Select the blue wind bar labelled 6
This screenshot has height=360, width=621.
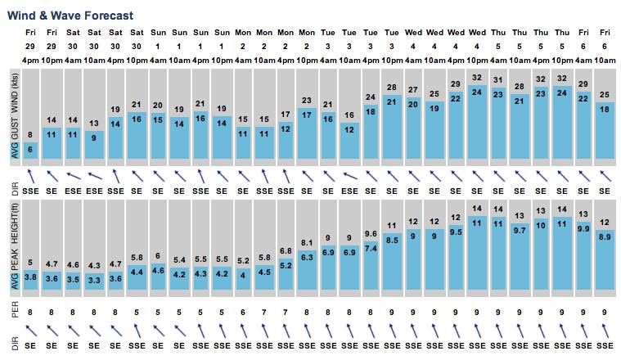click(x=31, y=150)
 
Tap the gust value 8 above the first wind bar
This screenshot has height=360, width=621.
click(x=31, y=134)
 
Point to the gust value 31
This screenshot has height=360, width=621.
click(x=497, y=79)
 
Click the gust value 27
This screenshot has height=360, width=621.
click(x=413, y=89)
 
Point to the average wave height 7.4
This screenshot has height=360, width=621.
click(x=371, y=248)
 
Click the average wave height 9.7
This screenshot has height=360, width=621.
click(x=519, y=231)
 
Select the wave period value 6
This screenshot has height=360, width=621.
click(x=243, y=312)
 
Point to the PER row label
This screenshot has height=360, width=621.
click(x=11, y=312)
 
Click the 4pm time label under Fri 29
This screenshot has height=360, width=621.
click(x=31, y=61)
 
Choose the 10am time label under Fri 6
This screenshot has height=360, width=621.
click(x=604, y=61)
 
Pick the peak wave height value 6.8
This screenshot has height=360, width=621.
click(x=286, y=250)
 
